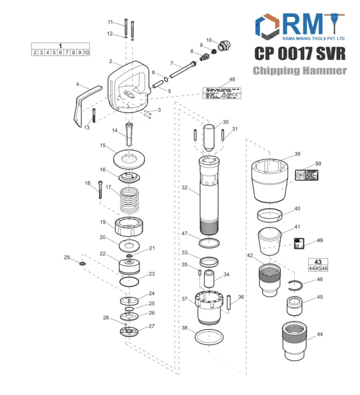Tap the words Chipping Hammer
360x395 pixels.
(300, 71)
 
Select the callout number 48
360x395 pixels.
(232, 79)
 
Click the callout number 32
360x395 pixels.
(184, 188)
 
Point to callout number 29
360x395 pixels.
(66, 257)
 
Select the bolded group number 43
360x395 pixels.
(318, 262)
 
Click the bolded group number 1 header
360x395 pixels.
(60, 45)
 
